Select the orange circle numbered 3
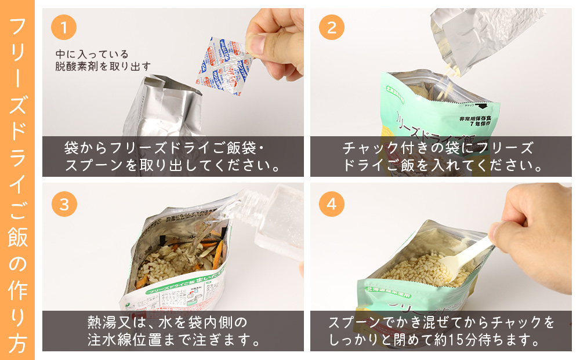tap(64, 204)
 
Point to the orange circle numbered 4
tap(331, 204)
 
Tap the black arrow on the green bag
tap(480, 107)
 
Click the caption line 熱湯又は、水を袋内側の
tap(168, 321)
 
